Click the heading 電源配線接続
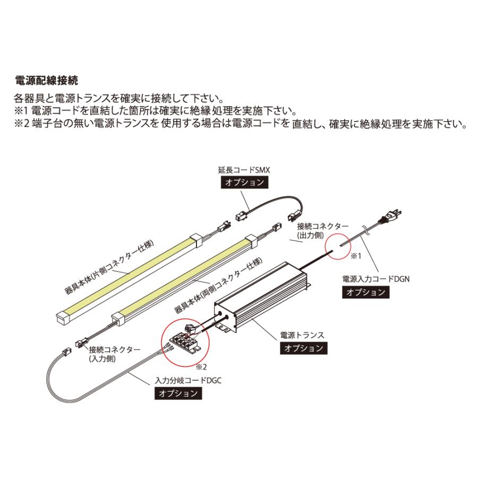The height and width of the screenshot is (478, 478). click(x=46, y=81)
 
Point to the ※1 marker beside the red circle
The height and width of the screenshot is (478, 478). click(x=354, y=257)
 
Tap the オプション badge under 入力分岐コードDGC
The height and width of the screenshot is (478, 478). click(x=178, y=394)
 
